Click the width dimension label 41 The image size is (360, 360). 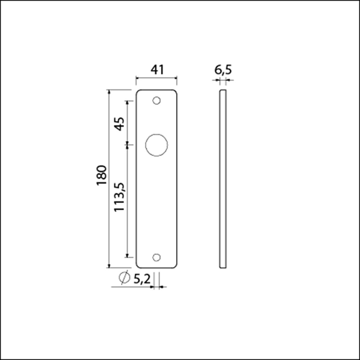157,70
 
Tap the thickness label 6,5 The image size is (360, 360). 223,70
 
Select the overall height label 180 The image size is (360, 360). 102,175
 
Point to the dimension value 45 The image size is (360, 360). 120,124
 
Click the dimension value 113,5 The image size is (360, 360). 120,197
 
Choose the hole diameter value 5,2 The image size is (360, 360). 142,279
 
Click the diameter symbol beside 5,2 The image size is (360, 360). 124,278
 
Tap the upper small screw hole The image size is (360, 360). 157,100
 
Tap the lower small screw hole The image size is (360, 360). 157,258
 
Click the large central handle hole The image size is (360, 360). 157,145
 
